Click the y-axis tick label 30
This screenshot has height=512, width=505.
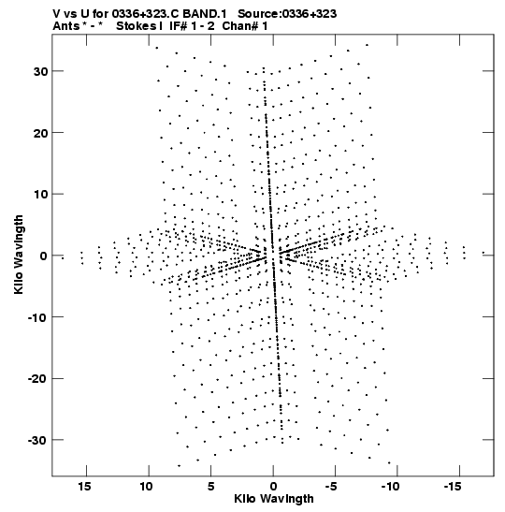40,71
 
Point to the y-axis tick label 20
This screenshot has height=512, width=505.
40,133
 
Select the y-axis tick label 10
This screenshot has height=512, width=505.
40,195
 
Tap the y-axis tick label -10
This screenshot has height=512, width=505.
37,317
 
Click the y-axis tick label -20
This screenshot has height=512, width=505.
37,379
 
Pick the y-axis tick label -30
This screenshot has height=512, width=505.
37,440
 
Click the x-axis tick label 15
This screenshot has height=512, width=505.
84,487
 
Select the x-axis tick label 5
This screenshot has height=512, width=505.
211,487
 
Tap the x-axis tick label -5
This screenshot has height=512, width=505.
331,487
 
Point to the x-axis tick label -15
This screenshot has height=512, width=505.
453,487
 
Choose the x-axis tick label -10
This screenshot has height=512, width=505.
391,487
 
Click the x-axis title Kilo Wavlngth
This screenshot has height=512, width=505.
274,499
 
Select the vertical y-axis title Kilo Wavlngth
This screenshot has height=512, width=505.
19,255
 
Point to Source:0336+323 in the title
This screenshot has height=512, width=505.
287,14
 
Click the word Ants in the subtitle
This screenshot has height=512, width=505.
65,26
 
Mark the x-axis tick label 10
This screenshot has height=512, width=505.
147,487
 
